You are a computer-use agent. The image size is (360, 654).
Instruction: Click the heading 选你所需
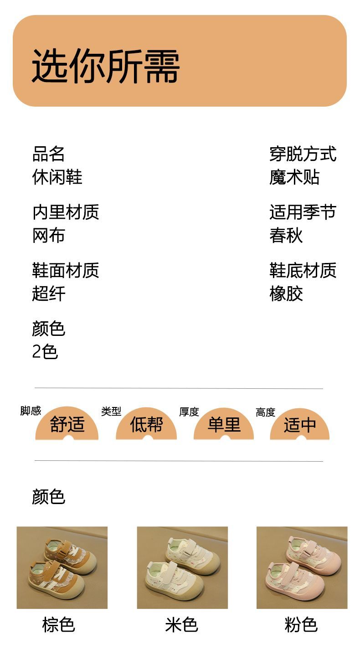(106, 66)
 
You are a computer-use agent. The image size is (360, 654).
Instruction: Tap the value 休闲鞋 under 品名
(57, 177)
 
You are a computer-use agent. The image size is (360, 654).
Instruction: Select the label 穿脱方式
(303, 154)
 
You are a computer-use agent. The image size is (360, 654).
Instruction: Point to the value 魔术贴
(294, 177)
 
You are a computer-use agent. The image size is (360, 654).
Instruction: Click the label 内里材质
(66, 212)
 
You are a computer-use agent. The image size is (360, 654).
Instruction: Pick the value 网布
(49, 236)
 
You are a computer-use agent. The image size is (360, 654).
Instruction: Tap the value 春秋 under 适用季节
(286, 236)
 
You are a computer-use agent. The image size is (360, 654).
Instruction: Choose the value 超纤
(49, 294)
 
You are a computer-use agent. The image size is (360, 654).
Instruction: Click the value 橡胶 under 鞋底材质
(286, 294)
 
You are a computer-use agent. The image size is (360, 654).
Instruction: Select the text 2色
(45, 352)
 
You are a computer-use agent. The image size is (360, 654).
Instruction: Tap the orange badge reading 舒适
(67, 425)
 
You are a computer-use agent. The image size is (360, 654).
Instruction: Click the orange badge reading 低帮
(146, 425)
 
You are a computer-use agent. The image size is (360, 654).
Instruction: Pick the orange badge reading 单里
(224, 425)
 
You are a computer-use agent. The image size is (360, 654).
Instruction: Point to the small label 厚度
(189, 412)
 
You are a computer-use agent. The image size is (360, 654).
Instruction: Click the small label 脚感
(31, 411)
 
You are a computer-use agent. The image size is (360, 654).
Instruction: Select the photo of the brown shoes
(62, 567)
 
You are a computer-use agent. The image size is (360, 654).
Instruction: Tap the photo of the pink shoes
(302, 567)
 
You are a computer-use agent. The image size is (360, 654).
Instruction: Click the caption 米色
(182, 624)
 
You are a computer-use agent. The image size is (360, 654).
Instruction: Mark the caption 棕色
(58, 624)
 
